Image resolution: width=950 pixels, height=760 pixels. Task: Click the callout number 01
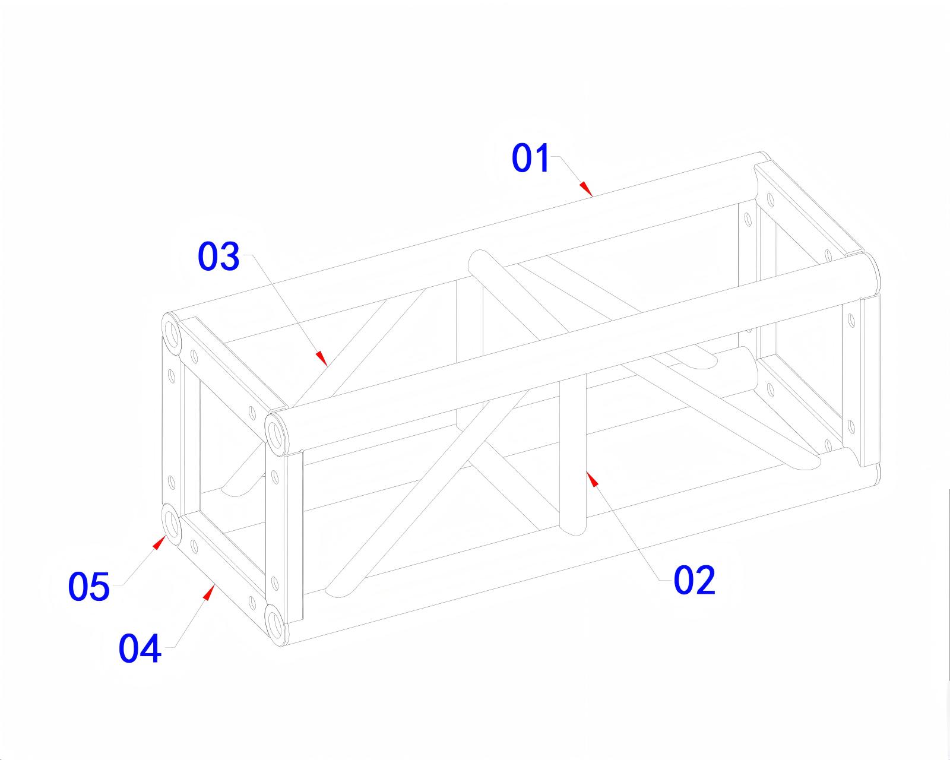[531, 158]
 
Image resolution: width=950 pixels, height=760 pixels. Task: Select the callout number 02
[693, 580]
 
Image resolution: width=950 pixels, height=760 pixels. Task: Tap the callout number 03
[218, 256]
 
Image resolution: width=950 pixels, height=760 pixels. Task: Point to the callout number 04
[140, 649]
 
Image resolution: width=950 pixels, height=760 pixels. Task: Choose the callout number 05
[88, 587]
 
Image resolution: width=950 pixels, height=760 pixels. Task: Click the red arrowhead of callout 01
[586, 188]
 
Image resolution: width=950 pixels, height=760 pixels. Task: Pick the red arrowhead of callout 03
[321, 358]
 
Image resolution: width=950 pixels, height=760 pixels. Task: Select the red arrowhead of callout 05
[159, 542]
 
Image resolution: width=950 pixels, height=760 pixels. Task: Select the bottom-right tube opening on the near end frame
[275, 625]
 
